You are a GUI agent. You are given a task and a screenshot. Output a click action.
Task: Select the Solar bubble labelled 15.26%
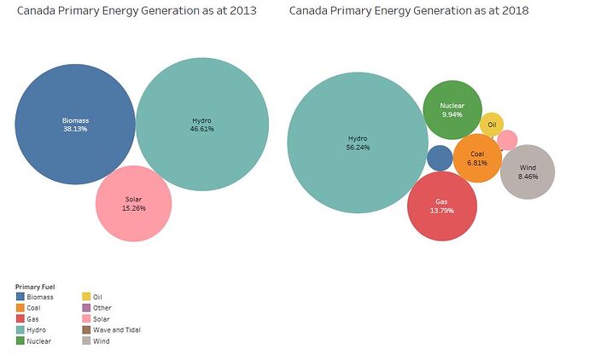(134, 203)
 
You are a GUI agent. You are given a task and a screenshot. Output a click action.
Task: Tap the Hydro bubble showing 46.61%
(202, 125)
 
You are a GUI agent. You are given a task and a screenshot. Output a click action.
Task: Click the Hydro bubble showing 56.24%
(357, 142)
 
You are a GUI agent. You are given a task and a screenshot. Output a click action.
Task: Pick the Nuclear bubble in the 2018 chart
(452, 109)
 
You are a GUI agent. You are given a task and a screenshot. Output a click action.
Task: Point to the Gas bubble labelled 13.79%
(441, 206)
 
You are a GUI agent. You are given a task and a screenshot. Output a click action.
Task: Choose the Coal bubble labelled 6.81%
(477, 158)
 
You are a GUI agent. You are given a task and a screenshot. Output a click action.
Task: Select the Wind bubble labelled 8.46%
(528, 172)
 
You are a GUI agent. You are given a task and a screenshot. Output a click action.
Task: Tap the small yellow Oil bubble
(492, 124)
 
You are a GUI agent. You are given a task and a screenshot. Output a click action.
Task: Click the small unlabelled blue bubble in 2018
(440, 158)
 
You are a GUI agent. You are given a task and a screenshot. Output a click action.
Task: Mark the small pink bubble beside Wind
(507, 140)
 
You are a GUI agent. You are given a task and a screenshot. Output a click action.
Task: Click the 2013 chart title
(137, 11)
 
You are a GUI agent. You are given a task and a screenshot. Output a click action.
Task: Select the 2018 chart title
(409, 11)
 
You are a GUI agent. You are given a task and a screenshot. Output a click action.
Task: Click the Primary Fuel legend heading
(35, 286)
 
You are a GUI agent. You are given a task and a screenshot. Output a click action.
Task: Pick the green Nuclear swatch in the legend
(20, 341)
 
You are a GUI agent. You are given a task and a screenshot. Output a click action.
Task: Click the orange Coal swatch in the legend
(20, 308)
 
